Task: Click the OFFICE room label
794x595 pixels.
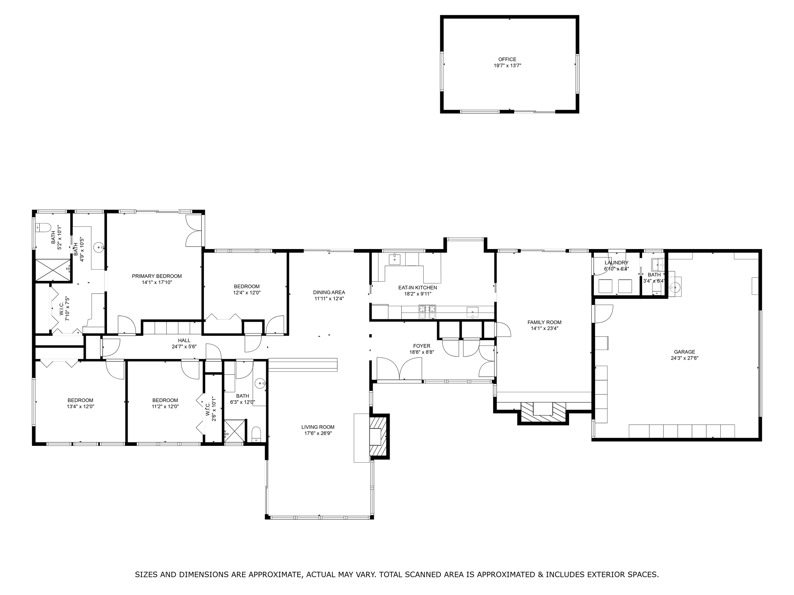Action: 507,60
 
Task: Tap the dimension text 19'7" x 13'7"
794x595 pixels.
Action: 507,66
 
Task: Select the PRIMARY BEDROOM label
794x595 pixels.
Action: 157,276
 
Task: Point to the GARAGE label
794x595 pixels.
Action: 684,352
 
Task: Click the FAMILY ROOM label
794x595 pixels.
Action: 545,322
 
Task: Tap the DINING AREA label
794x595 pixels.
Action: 329,292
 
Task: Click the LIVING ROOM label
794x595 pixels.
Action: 318,427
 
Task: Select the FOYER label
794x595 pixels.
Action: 422,346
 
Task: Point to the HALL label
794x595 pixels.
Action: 184,340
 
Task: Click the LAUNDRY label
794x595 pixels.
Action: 617,262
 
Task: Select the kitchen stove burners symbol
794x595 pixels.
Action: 427,312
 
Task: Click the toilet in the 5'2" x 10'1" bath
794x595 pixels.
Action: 43,228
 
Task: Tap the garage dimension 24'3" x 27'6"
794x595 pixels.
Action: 684,358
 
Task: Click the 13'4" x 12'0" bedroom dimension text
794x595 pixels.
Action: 80,407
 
